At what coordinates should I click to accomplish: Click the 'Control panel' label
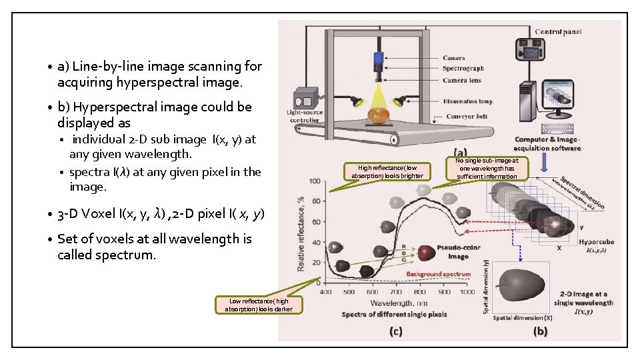[558, 31]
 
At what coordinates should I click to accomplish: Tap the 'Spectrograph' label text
[463, 69]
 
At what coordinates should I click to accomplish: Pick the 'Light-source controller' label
[304, 116]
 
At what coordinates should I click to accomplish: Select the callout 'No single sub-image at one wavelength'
[487, 168]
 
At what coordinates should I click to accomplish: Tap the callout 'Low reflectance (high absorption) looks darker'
[259, 305]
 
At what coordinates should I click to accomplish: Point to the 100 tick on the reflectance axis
[315, 181]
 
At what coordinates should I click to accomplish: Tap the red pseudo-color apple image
[426, 253]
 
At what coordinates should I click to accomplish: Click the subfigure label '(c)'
[396, 331]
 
